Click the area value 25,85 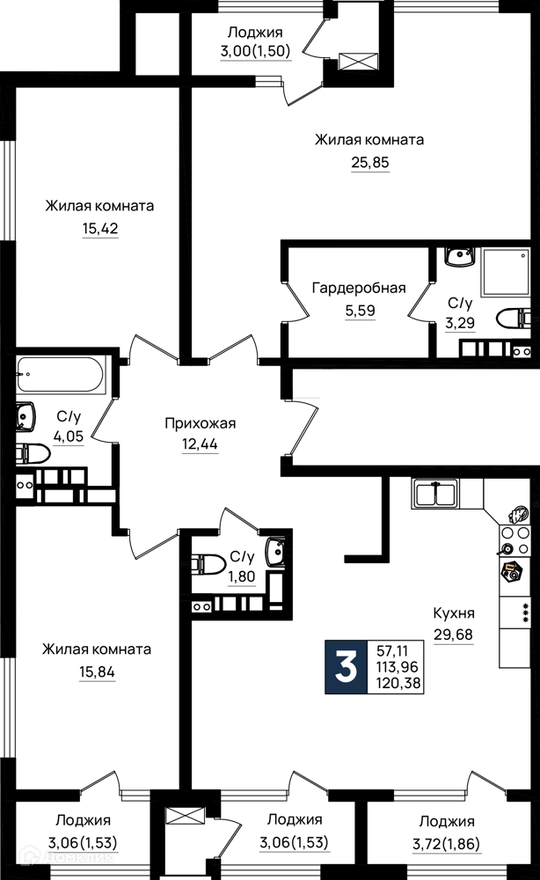(370, 163)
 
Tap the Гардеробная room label (359, 289)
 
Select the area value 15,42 (100, 229)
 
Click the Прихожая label (201, 423)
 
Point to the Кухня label (454, 612)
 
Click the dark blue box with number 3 (346, 667)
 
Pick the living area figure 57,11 (392, 651)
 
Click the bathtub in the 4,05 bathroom (61, 375)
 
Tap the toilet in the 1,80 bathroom (205, 563)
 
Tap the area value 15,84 (97, 671)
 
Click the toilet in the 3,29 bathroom (514, 319)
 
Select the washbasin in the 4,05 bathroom (26, 417)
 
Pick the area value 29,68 (453, 634)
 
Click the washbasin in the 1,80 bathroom (276, 553)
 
